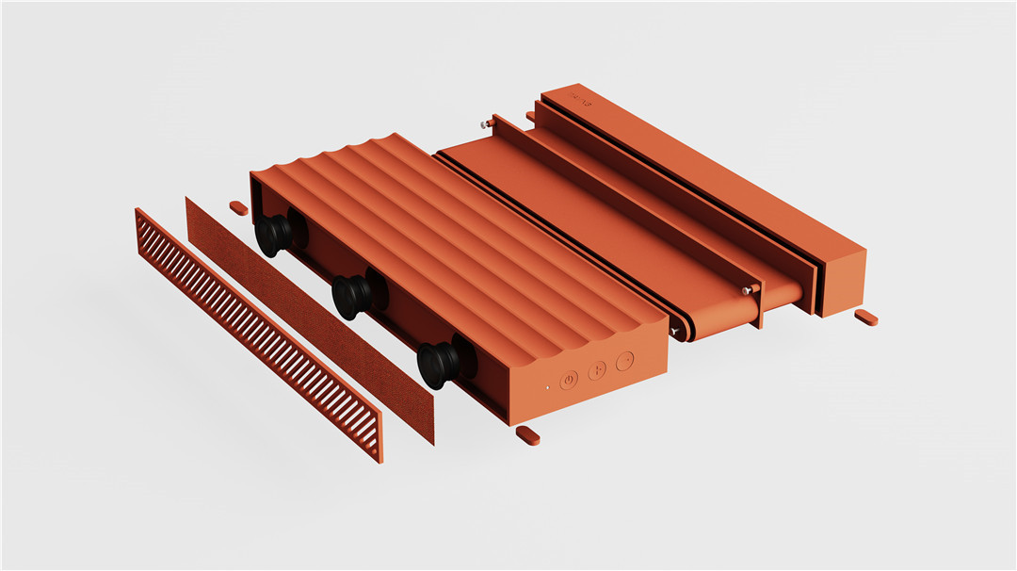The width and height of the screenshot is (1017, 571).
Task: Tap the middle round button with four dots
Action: click(596, 371)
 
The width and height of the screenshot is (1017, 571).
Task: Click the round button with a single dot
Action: click(623, 361)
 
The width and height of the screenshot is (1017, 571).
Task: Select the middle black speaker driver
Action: click(351, 298)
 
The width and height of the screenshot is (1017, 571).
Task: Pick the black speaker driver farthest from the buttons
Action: click(274, 235)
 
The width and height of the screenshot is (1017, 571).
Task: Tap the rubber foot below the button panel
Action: click(527, 435)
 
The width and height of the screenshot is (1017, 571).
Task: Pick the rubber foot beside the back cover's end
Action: click(865, 318)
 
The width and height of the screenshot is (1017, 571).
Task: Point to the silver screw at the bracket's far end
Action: click(482, 122)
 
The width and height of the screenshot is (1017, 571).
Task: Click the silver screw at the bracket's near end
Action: click(747, 290)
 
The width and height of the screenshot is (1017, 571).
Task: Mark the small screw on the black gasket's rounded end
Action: click(675, 332)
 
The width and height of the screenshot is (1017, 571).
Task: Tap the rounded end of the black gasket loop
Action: click(682, 329)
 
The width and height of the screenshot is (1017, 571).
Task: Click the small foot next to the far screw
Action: click(530, 116)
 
